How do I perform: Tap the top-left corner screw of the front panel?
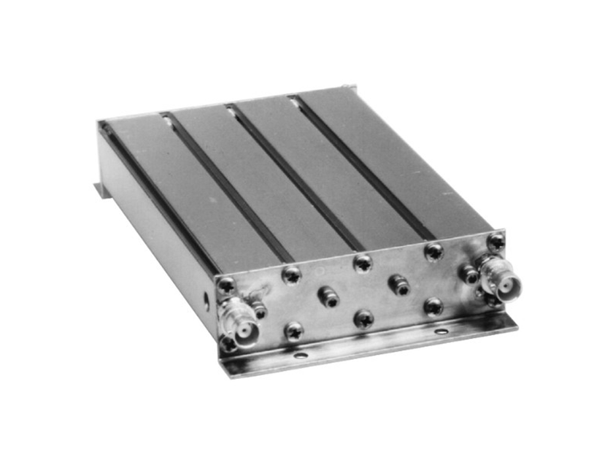tap(227, 285)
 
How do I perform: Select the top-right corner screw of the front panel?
tap(496, 242)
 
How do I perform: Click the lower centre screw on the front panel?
tap(363, 318)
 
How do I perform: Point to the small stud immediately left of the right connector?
tap(468, 275)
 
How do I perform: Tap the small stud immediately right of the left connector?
tap(258, 312)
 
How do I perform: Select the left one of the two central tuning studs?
tap(328, 296)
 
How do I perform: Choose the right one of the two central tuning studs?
tap(398, 285)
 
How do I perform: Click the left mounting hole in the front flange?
tap(300, 357)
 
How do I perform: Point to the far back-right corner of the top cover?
tap(355, 88)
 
